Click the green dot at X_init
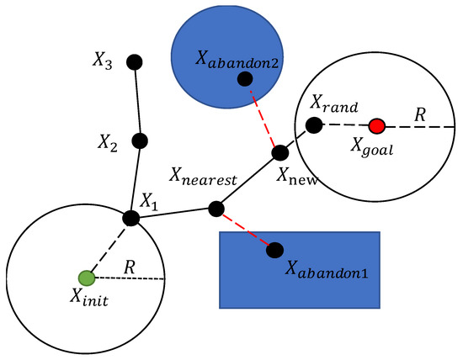tap(85, 277)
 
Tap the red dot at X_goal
tap(377, 126)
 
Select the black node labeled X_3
tap(134, 61)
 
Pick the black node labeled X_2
tap(140, 140)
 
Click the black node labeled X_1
tap(130, 218)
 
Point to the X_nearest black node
tap(216, 208)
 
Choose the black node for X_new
tap(279, 154)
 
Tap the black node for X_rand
tap(313, 125)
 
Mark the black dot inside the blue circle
tap(245, 79)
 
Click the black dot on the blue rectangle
tap(274, 249)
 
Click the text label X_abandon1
tap(328, 270)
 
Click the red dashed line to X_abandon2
tap(262, 116)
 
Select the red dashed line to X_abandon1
tap(245, 228)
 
